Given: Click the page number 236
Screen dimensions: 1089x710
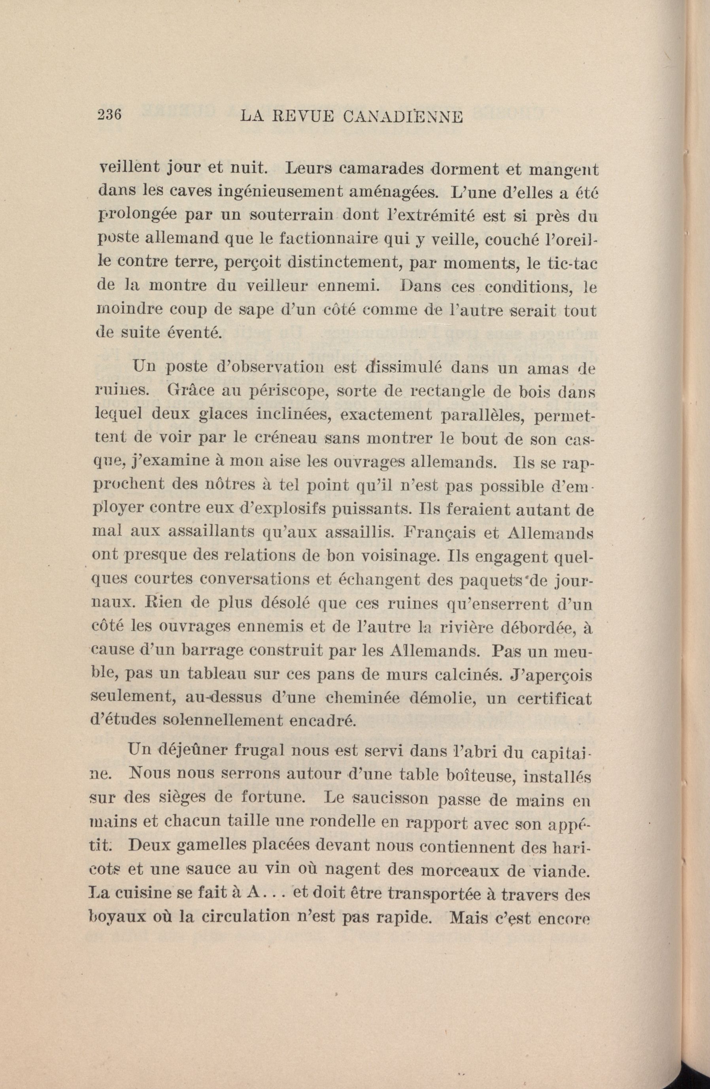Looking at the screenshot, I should (x=108, y=114).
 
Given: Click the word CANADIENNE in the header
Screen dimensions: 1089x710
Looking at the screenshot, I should (x=402, y=117).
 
